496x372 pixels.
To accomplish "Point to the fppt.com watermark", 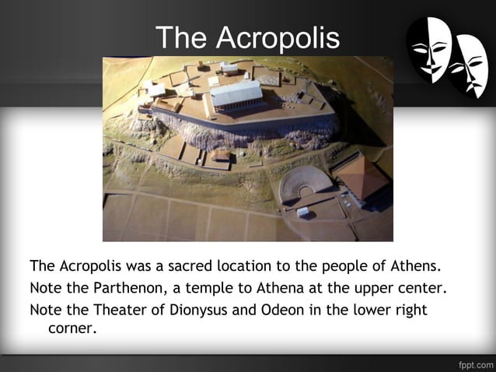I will point(473,363).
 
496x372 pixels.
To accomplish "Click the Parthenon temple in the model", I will point(236,95).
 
